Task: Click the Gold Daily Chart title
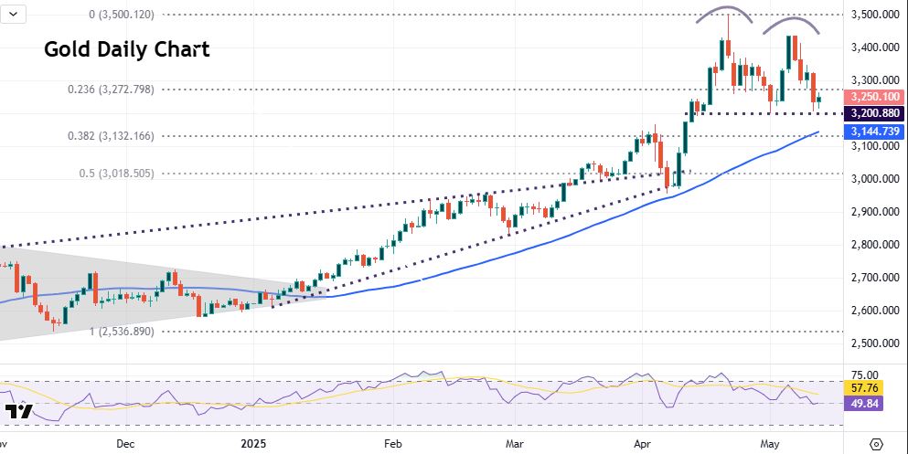127,49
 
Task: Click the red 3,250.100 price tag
876,97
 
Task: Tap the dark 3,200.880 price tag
876,114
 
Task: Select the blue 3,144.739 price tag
876,132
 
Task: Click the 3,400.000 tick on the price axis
874,48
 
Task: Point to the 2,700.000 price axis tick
874,278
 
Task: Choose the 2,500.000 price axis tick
874,343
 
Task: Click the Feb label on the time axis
392,443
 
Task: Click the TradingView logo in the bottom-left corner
18,412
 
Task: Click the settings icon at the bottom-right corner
876,443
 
